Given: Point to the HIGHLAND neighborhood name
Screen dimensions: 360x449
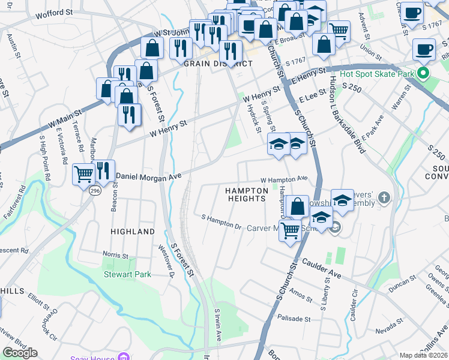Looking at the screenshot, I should [133, 231].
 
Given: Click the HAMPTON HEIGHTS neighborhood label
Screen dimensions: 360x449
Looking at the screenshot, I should [245, 194].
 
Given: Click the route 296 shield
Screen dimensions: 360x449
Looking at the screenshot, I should [94, 190].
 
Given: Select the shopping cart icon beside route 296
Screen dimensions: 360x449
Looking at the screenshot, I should [83, 174].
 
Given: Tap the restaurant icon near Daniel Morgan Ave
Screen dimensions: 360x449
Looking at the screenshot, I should [104, 170].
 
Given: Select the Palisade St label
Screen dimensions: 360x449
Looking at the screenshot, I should [294, 319].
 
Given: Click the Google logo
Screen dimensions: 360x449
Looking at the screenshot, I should [20, 353].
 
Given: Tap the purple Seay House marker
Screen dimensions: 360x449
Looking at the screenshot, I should [124, 358].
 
